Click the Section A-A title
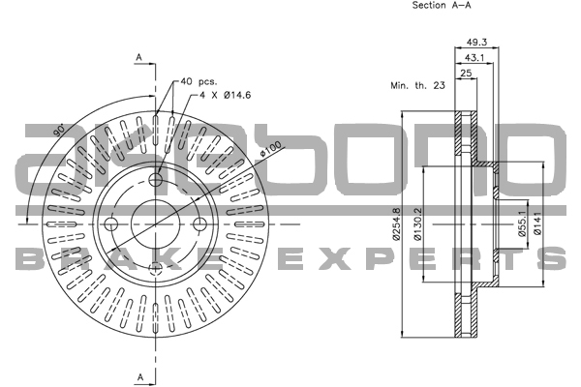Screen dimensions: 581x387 click(x=442, y=6)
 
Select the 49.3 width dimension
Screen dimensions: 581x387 click(x=475, y=42)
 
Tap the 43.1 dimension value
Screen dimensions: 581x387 click(x=475, y=58)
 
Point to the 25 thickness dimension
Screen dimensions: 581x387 click(x=466, y=74)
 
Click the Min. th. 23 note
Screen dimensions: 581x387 click(x=417, y=87)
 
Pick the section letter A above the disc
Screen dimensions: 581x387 click(x=139, y=59)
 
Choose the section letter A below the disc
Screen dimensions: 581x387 click(x=139, y=375)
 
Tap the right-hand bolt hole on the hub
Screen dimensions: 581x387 click(x=200, y=225)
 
